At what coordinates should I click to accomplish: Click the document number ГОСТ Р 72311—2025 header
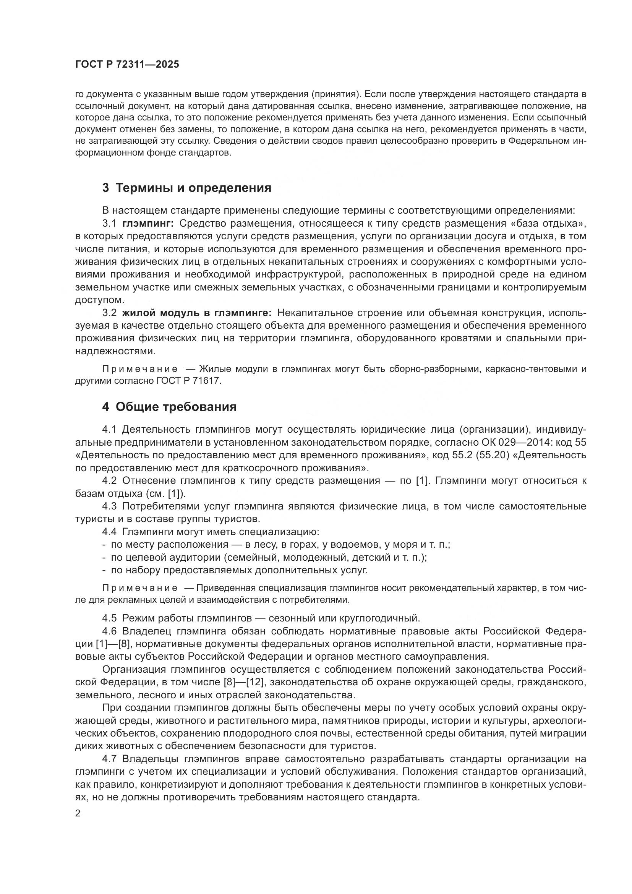[x=127, y=65]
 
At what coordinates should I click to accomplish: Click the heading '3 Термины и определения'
[x=187, y=188]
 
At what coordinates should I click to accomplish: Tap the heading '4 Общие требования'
[x=169, y=407]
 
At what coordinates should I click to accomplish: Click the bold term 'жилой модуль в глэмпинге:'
[x=196, y=313]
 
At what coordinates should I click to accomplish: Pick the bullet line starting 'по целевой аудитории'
[x=269, y=558]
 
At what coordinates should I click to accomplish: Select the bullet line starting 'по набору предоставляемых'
[x=239, y=570]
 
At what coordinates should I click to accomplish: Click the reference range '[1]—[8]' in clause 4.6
[x=112, y=644]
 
